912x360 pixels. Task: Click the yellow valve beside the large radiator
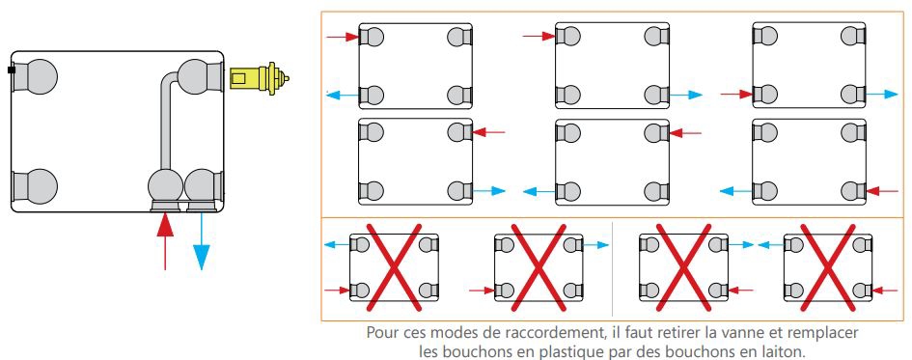click(x=259, y=78)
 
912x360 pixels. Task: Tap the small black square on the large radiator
click(x=11, y=70)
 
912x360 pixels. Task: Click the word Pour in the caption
click(x=380, y=333)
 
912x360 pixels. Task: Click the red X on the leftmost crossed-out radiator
click(x=394, y=267)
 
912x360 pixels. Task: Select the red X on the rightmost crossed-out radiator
click(x=828, y=267)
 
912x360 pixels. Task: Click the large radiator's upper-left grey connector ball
click(x=41, y=75)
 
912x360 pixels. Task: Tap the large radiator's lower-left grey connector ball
click(x=41, y=186)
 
